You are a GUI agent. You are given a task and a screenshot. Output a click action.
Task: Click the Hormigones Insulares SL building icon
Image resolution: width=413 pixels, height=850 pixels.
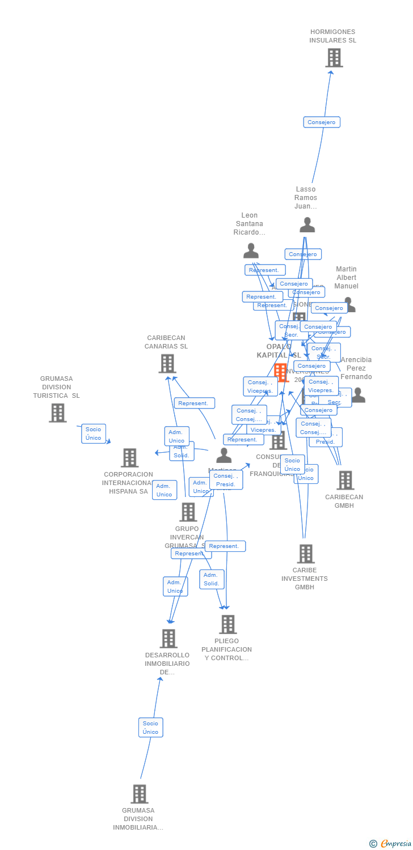pos(334,58)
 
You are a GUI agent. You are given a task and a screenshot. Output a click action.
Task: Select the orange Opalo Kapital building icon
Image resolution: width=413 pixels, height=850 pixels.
pos(281,372)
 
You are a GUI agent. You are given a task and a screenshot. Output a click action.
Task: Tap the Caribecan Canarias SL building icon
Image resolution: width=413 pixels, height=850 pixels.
pos(167,364)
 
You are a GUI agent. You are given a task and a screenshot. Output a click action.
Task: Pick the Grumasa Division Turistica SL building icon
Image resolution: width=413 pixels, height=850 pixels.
pos(57,413)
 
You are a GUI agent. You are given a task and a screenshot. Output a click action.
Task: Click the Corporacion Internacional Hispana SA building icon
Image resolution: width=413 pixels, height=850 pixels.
pos(129,458)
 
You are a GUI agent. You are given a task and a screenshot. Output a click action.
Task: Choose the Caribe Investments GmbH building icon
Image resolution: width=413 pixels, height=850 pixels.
pos(305,554)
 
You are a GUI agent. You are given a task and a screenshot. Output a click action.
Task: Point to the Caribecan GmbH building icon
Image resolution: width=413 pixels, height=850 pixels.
pos(345,481)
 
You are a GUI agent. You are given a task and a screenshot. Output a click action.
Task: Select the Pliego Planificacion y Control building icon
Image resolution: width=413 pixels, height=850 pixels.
pos(227,624)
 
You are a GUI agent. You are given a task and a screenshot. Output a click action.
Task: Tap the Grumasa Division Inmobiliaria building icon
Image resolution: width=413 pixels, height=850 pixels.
pos(139,794)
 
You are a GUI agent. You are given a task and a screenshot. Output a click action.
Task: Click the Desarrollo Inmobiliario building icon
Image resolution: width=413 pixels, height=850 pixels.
pos(168,639)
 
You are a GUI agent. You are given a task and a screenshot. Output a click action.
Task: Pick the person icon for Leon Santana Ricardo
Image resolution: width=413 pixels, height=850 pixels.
pos(251,250)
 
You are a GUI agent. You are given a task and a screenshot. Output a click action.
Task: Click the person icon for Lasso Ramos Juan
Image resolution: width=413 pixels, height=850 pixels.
pos(307,225)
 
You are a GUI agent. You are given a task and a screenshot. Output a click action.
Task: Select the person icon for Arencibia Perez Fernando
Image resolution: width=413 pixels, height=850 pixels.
pos(358,396)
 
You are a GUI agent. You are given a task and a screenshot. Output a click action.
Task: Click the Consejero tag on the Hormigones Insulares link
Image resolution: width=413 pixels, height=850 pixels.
pos(322,122)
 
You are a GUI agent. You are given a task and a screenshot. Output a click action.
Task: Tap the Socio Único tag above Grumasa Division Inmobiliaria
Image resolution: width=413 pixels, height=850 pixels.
pos(150,727)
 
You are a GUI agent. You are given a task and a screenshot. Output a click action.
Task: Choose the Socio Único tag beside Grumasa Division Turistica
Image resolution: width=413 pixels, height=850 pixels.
pos(94,433)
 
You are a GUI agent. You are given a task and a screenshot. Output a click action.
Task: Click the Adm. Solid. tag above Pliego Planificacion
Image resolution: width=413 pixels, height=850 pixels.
pos(211,579)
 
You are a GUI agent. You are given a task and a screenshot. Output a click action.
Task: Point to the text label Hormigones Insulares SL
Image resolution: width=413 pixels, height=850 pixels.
pos(333,36)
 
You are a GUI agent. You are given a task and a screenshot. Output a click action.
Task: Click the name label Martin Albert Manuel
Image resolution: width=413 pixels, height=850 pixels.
pos(346,278)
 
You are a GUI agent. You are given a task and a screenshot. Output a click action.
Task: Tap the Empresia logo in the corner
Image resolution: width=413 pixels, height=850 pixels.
pos(391,844)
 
